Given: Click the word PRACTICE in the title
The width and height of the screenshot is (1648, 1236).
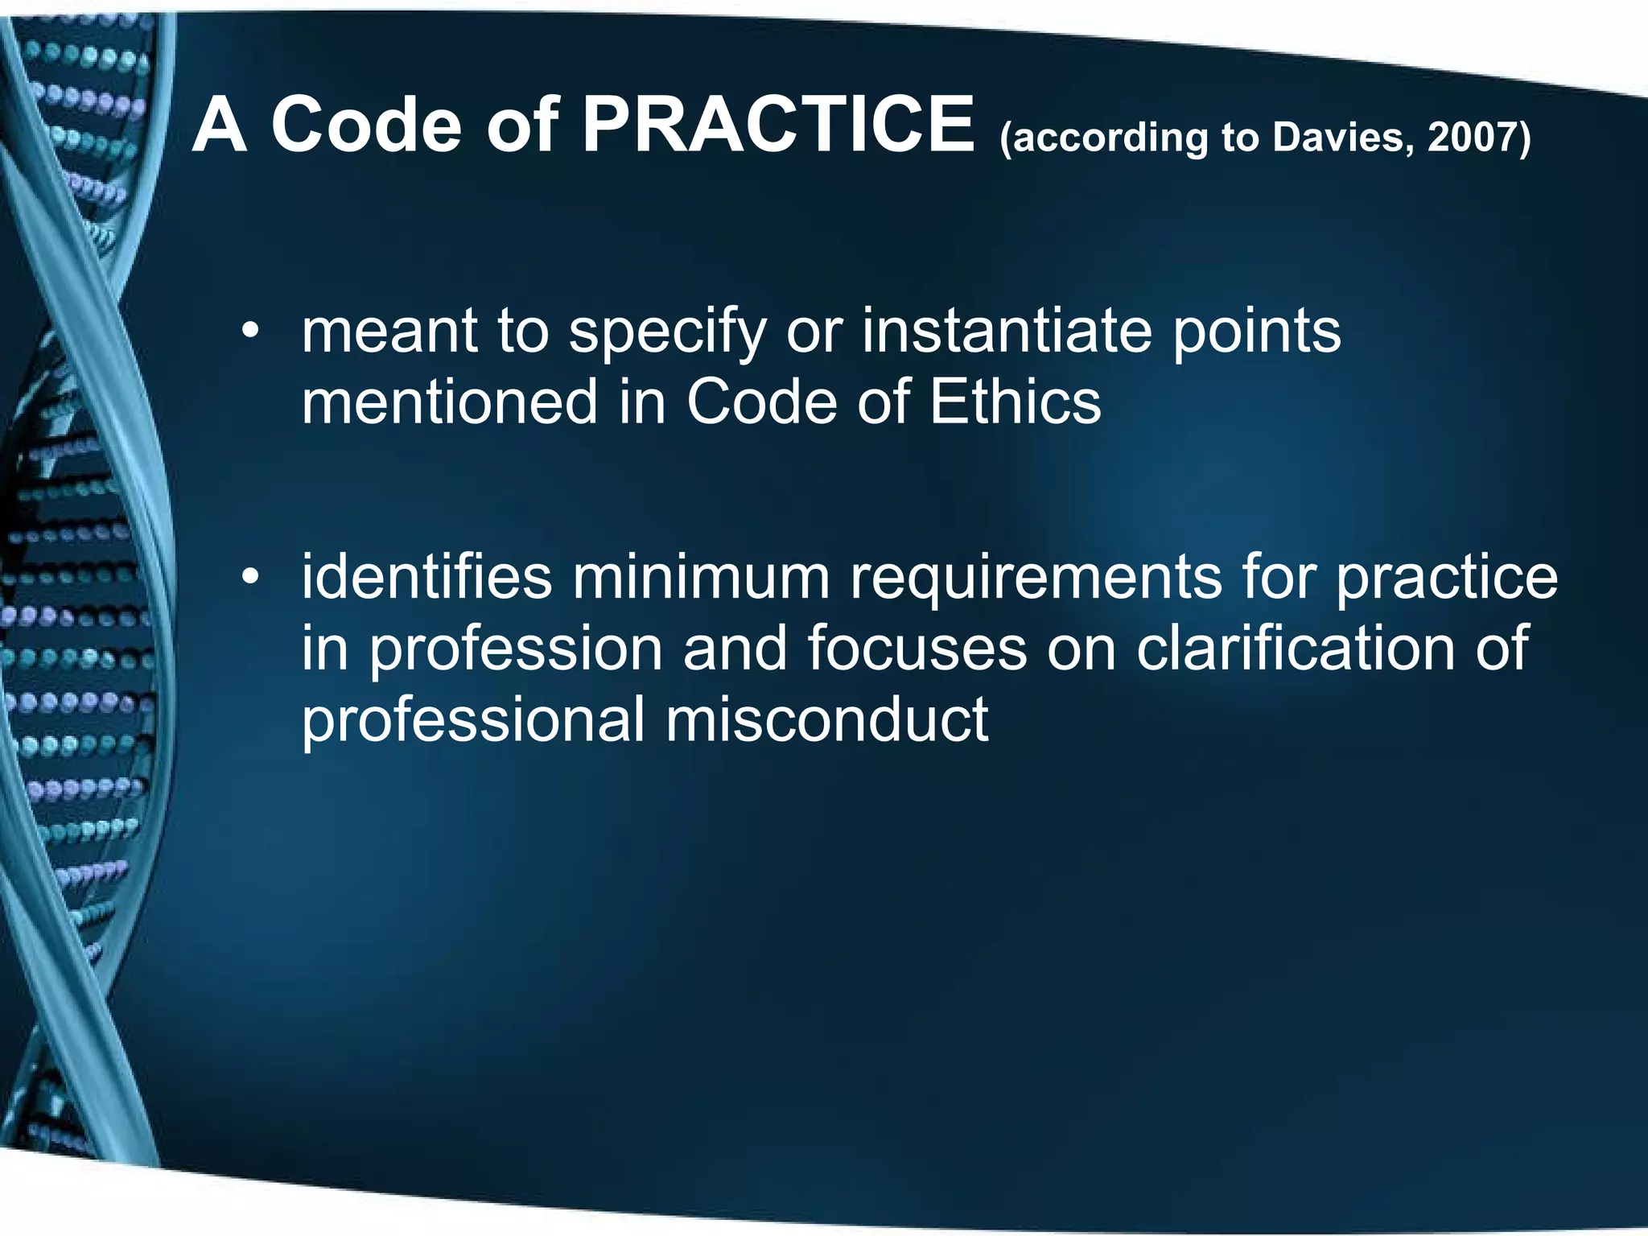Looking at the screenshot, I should (x=777, y=125).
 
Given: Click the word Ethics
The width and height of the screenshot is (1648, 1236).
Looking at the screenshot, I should (x=1015, y=402).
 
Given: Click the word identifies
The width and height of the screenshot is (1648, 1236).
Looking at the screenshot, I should (x=426, y=577).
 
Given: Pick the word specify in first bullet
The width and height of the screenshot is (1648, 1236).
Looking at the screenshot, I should (x=668, y=334).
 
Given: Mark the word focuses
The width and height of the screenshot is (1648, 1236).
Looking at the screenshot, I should (x=917, y=648).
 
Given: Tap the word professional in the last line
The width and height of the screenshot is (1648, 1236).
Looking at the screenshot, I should (x=473, y=719).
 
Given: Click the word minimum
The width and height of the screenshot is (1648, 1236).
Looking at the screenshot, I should (x=701, y=577).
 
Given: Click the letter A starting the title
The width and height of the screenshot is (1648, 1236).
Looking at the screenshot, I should (x=219, y=125).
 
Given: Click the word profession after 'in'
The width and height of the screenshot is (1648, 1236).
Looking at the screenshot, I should (x=516, y=648).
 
